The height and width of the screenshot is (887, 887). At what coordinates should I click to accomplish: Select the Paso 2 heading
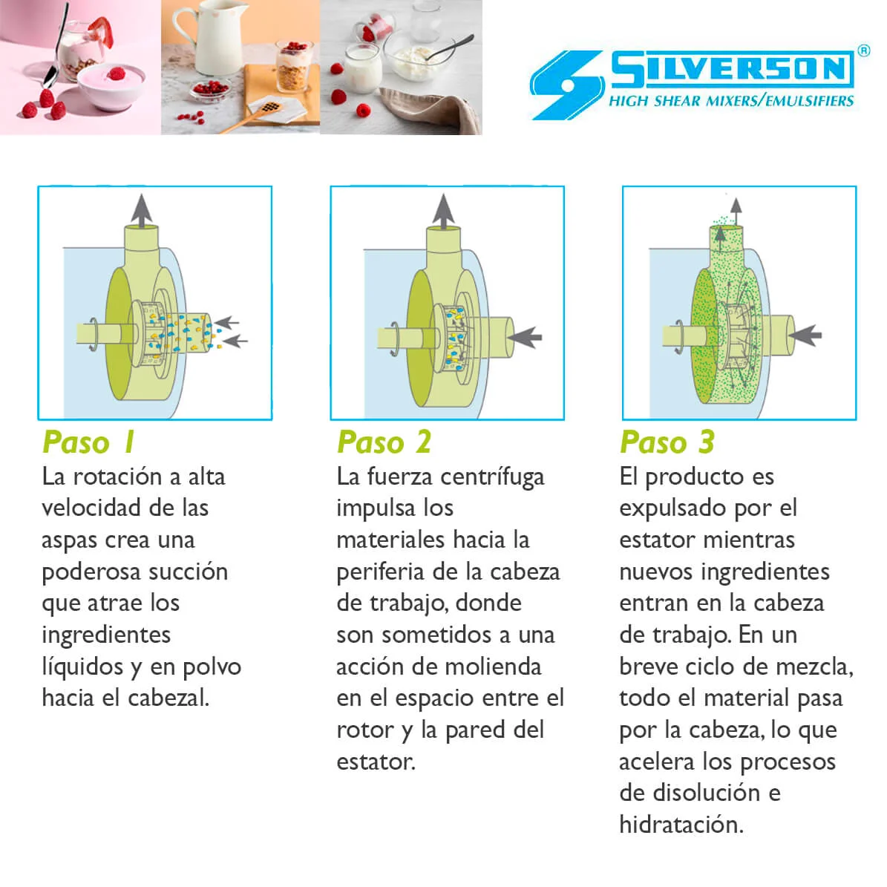click(384, 442)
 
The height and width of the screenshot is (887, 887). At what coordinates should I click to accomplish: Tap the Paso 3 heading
click(667, 442)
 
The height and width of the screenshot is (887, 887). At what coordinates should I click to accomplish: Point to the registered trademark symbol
click(863, 51)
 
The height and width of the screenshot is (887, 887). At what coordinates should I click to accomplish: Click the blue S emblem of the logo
click(567, 85)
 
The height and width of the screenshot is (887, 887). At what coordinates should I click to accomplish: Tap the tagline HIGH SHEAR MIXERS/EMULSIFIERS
click(731, 101)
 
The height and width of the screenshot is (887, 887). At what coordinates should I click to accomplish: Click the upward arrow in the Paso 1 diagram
click(141, 209)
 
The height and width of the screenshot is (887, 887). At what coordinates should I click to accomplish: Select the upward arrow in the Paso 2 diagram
click(443, 211)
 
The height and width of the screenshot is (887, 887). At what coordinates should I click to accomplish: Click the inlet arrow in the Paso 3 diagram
click(805, 335)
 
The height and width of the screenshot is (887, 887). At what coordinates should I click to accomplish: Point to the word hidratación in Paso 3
click(681, 825)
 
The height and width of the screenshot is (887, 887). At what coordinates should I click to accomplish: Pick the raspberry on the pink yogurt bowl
click(116, 73)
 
